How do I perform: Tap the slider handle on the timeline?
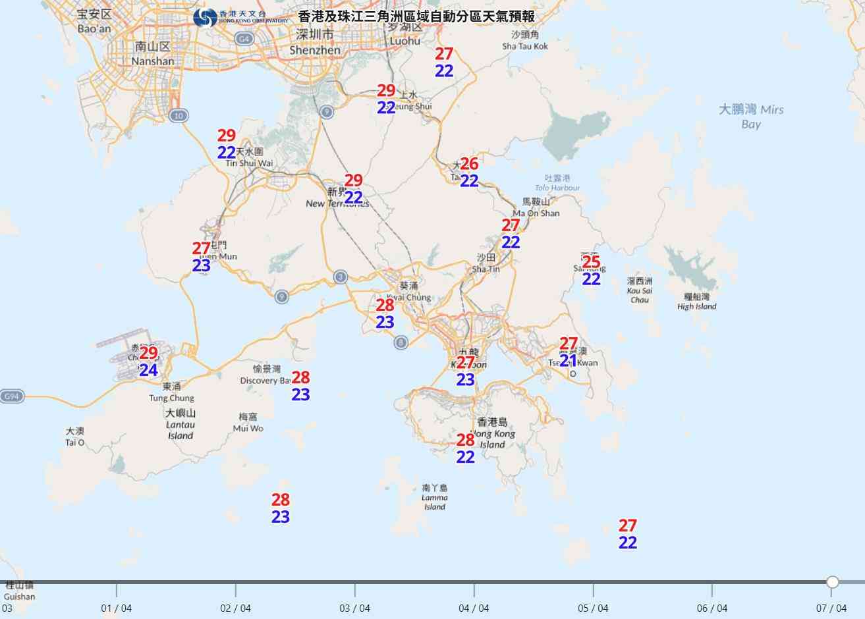(833, 581)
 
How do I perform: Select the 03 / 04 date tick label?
(354, 608)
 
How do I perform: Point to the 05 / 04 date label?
(593, 608)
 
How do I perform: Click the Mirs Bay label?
(751, 116)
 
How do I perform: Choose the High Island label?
(696, 302)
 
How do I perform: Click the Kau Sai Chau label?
(639, 290)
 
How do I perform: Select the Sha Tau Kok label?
(525, 41)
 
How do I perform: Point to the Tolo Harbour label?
(557, 183)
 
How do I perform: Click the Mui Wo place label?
(248, 423)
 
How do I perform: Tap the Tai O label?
(75, 437)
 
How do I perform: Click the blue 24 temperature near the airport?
(148, 370)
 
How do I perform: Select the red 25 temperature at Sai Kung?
(592, 262)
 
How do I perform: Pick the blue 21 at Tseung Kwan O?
(568, 361)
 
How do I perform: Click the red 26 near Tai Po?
(469, 163)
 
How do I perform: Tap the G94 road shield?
(11, 396)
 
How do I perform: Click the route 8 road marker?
(401, 342)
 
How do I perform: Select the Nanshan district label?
(153, 54)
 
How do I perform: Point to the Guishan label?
(19, 591)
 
